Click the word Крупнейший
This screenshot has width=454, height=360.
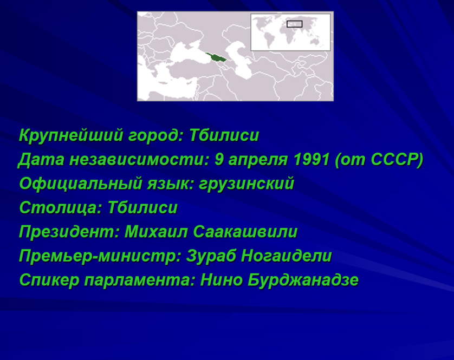[x=71, y=135]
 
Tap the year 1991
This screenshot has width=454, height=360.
[x=312, y=159]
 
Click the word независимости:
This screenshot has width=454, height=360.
[x=139, y=160]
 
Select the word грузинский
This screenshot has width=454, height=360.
[x=247, y=184]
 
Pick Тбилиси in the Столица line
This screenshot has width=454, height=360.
[x=142, y=207]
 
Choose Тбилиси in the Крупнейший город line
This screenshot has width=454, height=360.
[x=224, y=135]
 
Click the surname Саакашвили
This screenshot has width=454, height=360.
[x=245, y=232]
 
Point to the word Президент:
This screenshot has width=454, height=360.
[x=69, y=232]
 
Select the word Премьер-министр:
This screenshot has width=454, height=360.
[x=100, y=256]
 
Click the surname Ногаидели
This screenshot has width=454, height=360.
[x=287, y=256]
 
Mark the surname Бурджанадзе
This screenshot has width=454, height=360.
[x=303, y=280]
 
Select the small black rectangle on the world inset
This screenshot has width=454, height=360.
[x=295, y=24]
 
